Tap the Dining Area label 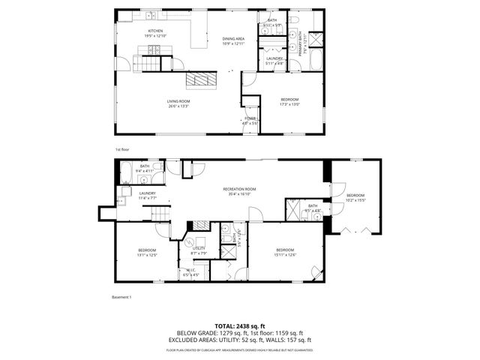tap(233, 38)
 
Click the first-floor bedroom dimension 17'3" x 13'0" tap(289, 104)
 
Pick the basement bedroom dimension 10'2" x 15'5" tap(355, 199)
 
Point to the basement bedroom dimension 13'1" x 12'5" tap(146, 255)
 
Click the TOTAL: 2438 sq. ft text tap(240, 325)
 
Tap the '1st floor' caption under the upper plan tap(123, 149)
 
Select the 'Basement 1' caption tap(121, 297)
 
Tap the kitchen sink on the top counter tap(149, 15)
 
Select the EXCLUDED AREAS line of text tap(240, 339)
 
